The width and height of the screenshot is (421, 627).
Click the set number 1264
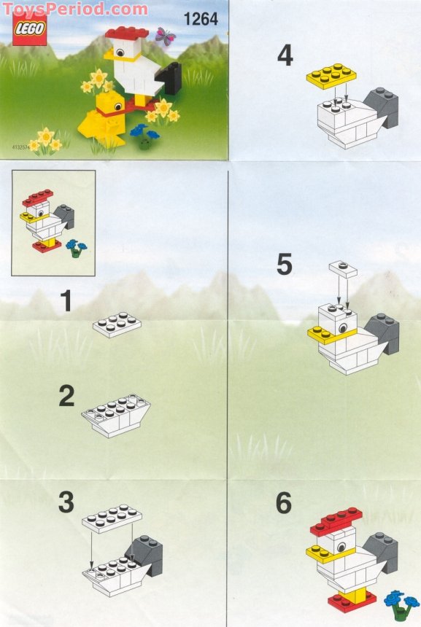tap(202, 20)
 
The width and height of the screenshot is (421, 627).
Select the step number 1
tap(66, 301)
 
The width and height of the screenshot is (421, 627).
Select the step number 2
tap(66, 397)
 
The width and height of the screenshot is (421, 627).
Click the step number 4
tap(285, 55)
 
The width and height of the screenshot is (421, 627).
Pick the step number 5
tap(285, 265)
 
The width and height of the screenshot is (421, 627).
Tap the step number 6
tap(284, 503)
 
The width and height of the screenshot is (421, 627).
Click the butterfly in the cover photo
tap(166, 37)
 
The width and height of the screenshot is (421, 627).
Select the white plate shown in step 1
tap(117, 326)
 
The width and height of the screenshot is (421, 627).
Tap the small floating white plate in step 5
tap(342, 268)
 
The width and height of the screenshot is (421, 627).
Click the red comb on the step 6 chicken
tap(336, 520)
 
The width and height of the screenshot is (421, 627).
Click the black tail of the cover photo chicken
tap(172, 78)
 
